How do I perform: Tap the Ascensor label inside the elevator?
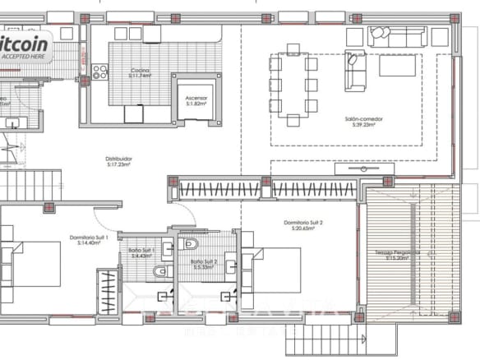coord(197,101)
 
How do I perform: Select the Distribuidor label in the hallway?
coord(119,161)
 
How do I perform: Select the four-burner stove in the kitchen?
coord(99,72)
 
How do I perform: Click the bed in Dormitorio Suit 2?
coord(271,271)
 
